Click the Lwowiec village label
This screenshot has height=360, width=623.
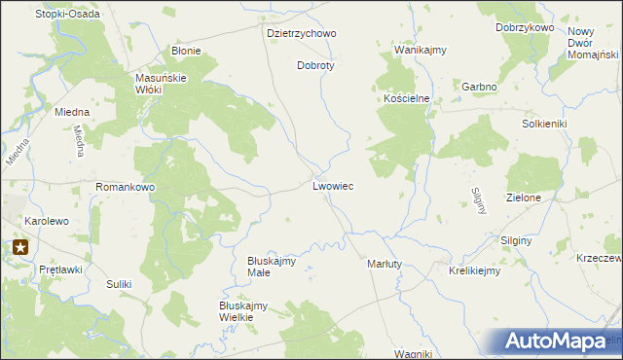pos(333,185)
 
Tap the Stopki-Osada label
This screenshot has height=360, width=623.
pos(67,14)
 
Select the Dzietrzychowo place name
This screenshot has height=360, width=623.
pos(301,33)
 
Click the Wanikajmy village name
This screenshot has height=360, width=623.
pos(420,49)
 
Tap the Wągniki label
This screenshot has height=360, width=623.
pos(413,353)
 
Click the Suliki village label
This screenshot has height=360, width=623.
pos(119,284)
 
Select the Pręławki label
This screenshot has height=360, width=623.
pos(59,269)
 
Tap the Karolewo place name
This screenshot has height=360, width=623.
pos(47,221)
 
